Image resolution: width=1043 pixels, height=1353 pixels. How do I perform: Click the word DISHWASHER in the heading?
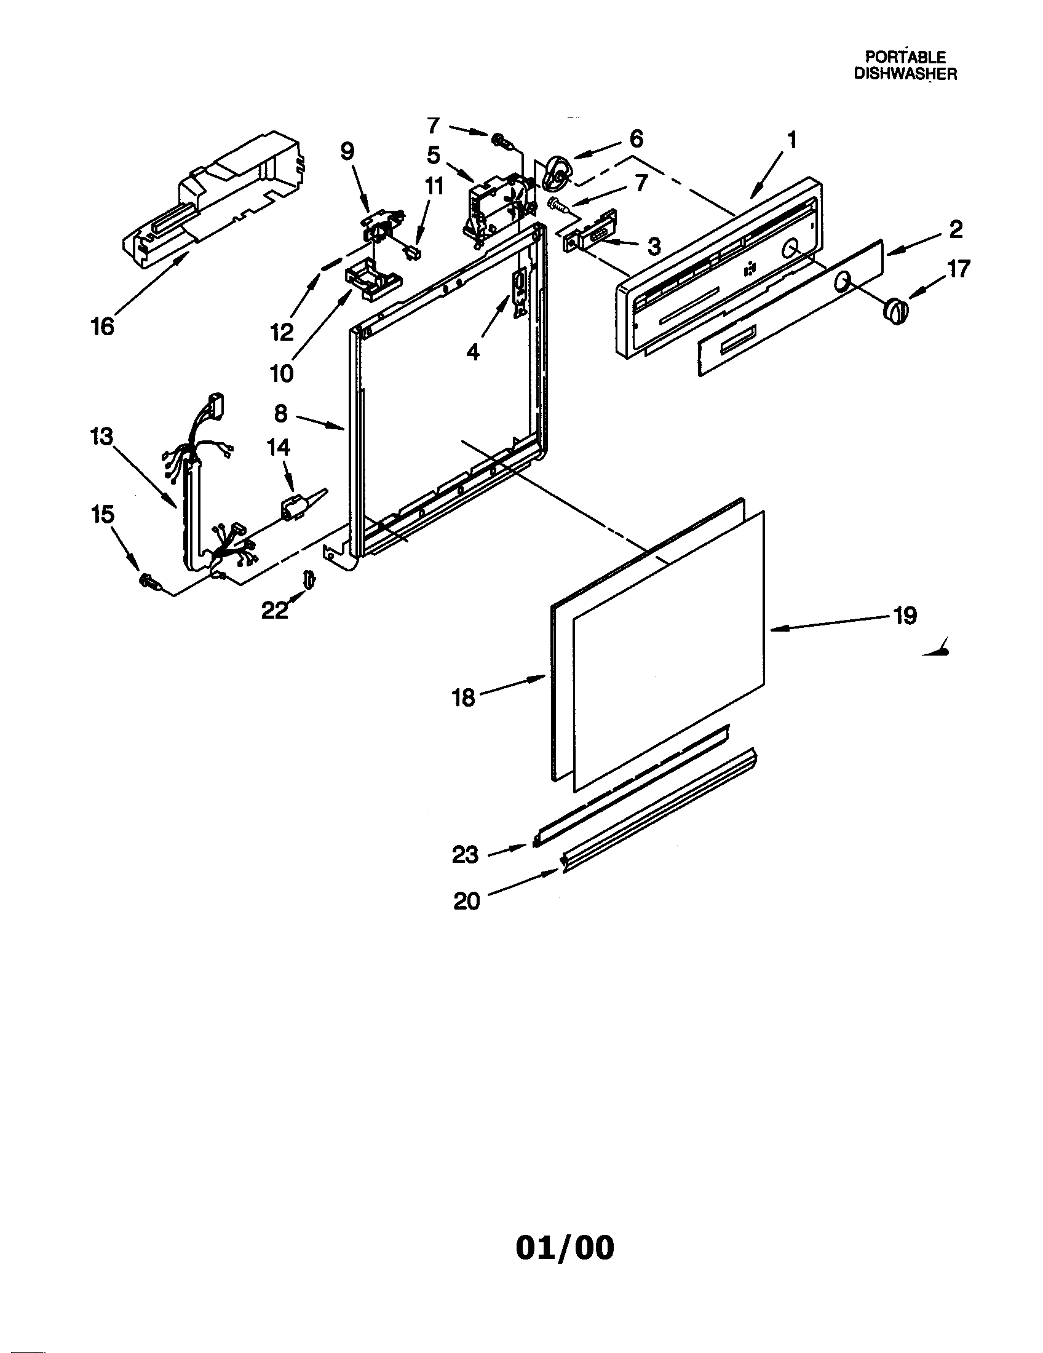(905, 73)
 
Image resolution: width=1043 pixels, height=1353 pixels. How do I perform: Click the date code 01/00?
(564, 1230)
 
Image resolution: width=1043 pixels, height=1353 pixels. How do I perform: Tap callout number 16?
(103, 327)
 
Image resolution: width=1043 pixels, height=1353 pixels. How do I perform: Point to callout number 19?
(904, 616)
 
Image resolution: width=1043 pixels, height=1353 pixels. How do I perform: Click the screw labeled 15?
(149, 581)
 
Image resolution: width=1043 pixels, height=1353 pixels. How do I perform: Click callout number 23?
(465, 854)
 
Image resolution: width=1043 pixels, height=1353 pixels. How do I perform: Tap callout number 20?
(466, 901)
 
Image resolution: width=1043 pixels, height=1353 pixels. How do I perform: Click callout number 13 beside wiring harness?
(101, 437)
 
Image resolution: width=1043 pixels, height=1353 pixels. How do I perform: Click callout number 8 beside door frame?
(280, 413)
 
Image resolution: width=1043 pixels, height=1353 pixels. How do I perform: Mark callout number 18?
(463, 697)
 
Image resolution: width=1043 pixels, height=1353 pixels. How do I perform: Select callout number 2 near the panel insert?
(955, 229)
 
